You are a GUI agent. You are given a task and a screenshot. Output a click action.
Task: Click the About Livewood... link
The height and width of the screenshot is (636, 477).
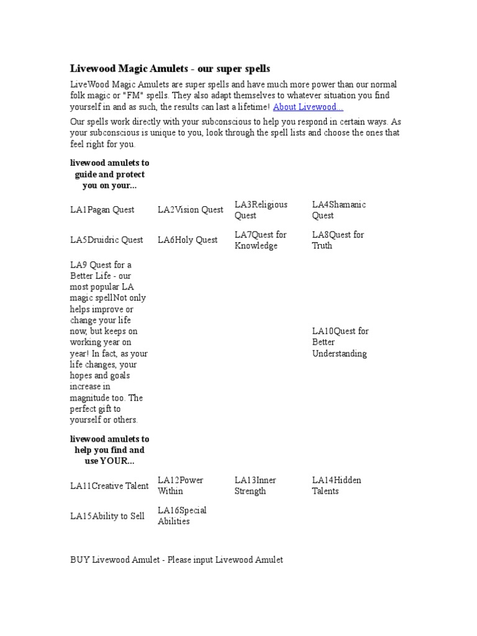[308, 107]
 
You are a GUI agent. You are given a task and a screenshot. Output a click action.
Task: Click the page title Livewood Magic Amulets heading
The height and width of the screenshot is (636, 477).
[170, 68]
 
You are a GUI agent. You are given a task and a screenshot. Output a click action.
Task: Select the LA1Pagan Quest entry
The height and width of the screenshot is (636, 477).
[102, 210]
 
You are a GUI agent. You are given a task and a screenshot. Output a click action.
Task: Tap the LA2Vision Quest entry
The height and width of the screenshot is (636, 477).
[190, 210]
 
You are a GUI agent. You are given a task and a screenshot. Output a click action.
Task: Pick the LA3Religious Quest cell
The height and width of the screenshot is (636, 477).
[261, 210]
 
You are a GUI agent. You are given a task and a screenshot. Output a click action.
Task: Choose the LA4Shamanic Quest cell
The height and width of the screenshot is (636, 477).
[338, 210]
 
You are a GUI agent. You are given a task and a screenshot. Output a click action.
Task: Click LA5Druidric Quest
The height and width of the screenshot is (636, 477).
[106, 240]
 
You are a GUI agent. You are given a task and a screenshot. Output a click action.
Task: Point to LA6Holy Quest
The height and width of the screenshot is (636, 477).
[188, 240]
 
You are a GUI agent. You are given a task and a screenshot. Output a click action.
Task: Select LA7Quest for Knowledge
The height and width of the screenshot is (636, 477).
[260, 240]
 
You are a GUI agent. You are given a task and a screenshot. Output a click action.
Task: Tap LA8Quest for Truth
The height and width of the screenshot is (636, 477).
[338, 240]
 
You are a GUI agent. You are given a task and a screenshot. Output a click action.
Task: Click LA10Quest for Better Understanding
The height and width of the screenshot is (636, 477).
[340, 342]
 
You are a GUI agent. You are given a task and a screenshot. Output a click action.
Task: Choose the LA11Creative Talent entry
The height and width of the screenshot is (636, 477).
[109, 486]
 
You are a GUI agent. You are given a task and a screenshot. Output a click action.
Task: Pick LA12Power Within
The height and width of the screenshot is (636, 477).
[180, 486]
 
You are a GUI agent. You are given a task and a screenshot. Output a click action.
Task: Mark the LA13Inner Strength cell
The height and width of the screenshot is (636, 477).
[255, 486]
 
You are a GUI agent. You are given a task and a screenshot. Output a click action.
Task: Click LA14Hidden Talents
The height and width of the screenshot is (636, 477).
[336, 486]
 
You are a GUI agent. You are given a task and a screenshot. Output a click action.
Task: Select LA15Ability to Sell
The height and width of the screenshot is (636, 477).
[107, 516]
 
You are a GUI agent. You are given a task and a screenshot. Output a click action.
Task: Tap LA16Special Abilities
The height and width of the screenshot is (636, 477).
[182, 516]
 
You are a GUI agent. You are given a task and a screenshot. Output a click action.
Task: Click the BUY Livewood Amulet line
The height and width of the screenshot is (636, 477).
[176, 560]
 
